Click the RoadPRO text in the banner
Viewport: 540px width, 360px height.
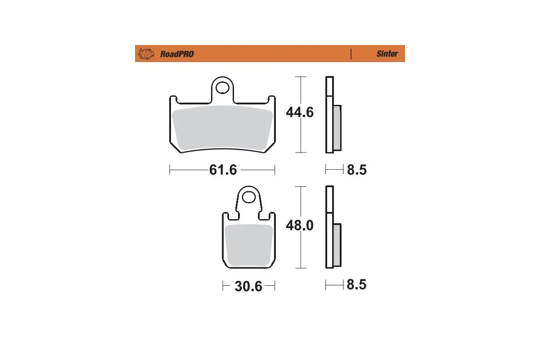[x=177, y=54]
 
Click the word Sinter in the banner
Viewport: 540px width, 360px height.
[x=387, y=54]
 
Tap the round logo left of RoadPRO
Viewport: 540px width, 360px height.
[x=145, y=54]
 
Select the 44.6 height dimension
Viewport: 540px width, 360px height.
[x=300, y=112]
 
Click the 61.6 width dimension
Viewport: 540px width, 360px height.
[x=223, y=170]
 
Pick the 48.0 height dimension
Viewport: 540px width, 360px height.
[x=300, y=225]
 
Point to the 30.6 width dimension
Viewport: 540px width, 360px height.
[x=248, y=286]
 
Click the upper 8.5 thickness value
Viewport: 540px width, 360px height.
[x=356, y=170]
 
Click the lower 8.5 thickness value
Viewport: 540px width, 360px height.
[x=356, y=285]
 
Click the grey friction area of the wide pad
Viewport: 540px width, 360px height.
[x=223, y=129]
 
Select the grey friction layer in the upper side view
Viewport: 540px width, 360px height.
[x=337, y=128]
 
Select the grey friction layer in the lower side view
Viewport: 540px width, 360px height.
[x=337, y=245]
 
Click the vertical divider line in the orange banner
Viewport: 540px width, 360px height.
[x=351, y=54]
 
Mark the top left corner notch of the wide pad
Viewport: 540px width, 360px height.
[x=173, y=99]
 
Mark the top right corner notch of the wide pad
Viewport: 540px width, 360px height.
[x=271, y=99]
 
